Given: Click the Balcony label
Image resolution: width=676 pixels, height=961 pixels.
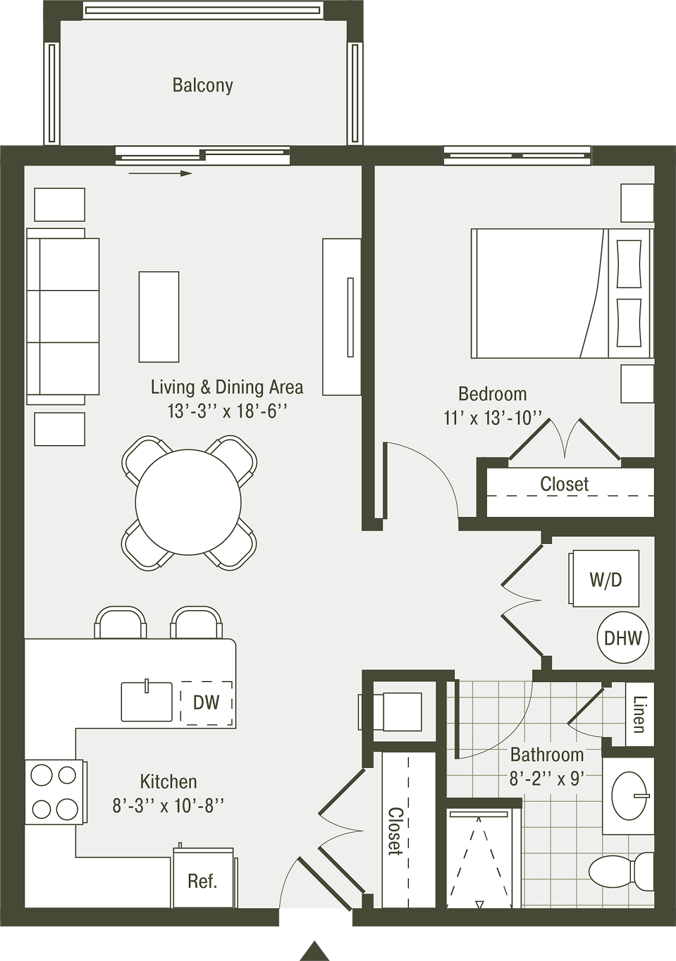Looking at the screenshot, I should coord(202,85).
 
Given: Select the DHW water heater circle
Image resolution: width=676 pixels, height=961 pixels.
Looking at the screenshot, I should coord(623,638).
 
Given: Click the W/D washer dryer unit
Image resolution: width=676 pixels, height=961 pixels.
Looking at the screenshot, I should coord(606,579).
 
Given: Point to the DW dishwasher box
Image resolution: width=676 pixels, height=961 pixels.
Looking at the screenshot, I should coord(206,702).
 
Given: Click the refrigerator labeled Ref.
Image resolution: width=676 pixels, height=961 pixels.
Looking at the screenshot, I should coord(203,881).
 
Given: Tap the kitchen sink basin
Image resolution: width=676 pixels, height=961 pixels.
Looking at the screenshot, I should coord(147,702).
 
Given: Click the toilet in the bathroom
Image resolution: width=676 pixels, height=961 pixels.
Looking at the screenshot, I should coord(620,872).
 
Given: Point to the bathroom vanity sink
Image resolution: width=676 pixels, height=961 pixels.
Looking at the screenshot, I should coord(629,795).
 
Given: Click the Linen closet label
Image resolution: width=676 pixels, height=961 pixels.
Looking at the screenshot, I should coord(640,714).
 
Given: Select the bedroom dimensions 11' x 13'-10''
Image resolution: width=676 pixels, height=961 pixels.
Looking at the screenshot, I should coord(493,418).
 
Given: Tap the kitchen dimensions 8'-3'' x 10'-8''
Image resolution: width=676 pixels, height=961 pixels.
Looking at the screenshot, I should coord(168,805).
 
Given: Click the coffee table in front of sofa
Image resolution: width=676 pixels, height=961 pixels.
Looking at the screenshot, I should coord(159,317).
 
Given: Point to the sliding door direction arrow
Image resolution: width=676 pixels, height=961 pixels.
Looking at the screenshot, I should coord(161,173).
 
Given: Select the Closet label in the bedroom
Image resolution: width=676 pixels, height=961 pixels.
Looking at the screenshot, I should coord(564,484).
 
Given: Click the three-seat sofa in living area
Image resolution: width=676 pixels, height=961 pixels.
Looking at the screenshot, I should coord(63,316).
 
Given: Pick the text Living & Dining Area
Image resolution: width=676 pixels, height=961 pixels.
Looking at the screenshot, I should coord(227,387).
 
